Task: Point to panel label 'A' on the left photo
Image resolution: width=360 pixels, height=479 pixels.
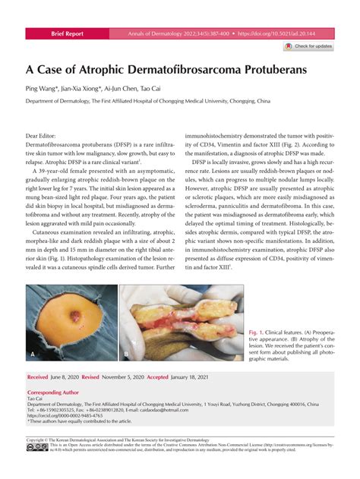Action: [33, 355]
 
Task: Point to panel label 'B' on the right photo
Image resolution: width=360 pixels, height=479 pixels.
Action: [126, 355]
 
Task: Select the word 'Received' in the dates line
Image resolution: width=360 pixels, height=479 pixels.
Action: [38, 377]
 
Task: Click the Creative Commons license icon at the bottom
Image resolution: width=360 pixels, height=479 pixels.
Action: [36, 448]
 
